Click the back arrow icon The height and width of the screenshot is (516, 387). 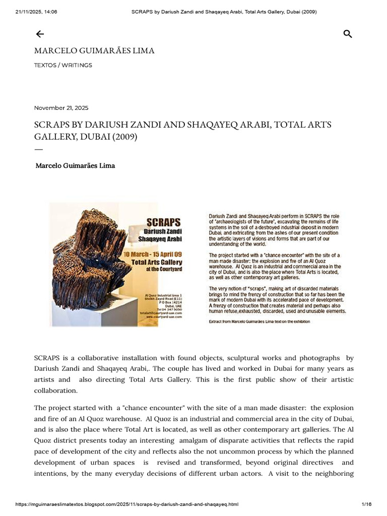point(40,34)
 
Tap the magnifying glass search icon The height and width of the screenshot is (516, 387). point(347,34)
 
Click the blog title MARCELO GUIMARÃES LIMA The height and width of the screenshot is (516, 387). point(94,51)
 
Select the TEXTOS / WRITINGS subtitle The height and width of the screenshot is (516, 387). point(63,66)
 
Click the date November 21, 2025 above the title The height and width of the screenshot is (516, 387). point(61,108)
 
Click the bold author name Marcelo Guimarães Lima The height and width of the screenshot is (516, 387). point(75,165)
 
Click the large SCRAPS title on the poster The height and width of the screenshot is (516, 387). point(163,222)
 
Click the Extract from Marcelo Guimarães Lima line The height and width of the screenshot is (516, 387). point(260,321)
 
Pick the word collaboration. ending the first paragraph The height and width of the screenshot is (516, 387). point(55,391)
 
